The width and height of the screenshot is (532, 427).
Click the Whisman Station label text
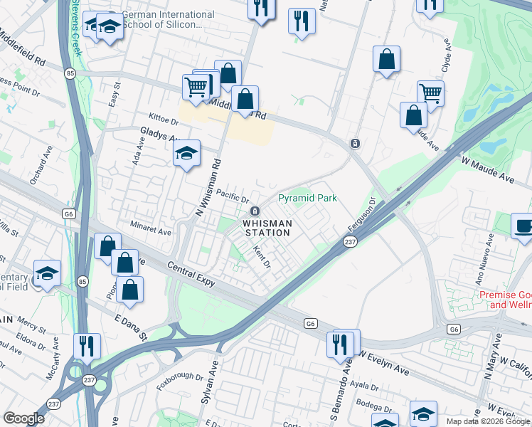coord(267,228)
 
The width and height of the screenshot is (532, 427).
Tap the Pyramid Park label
coord(307,199)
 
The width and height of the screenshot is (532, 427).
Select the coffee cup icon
coord(523,226)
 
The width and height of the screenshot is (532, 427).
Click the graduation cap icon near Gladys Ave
coord(187,153)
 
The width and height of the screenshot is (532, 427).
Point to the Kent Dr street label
coord(262,257)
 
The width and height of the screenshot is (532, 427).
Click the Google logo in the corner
coord(24,418)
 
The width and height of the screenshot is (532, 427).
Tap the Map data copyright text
coord(488,421)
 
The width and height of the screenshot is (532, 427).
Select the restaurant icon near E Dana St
coord(87,346)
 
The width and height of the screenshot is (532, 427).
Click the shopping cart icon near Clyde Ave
coord(430,93)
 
